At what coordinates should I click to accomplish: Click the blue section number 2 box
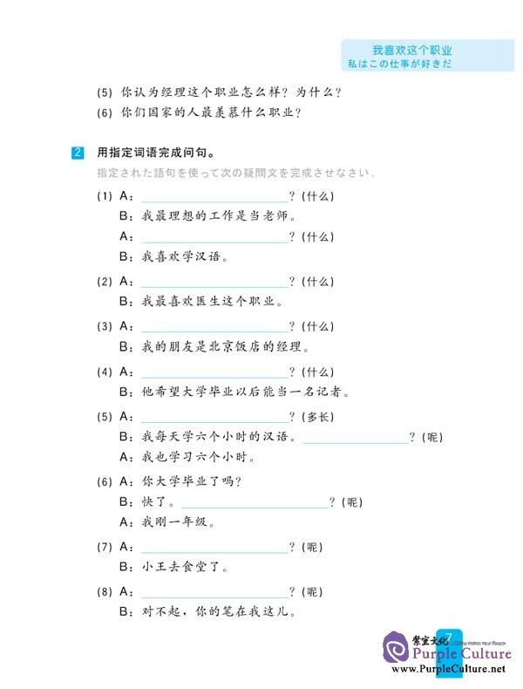[x=78, y=153]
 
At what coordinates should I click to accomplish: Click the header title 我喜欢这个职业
[x=412, y=51]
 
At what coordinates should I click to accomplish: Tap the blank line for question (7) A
[x=214, y=552]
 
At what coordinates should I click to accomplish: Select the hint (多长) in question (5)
[x=318, y=417]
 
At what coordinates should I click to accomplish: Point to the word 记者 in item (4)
[x=329, y=391]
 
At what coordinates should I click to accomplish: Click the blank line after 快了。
[x=255, y=507]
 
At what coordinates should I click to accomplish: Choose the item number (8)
[x=105, y=592]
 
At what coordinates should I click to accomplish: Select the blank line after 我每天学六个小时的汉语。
[x=356, y=442]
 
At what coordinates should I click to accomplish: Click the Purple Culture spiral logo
[x=396, y=648]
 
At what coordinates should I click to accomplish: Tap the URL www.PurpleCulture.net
[x=448, y=669]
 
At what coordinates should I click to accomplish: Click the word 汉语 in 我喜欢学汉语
[x=207, y=256]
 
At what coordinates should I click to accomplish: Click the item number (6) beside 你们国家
[x=105, y=113]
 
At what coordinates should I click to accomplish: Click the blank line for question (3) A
[x=214, y=331]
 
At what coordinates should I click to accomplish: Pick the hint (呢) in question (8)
[x=312, y=592]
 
